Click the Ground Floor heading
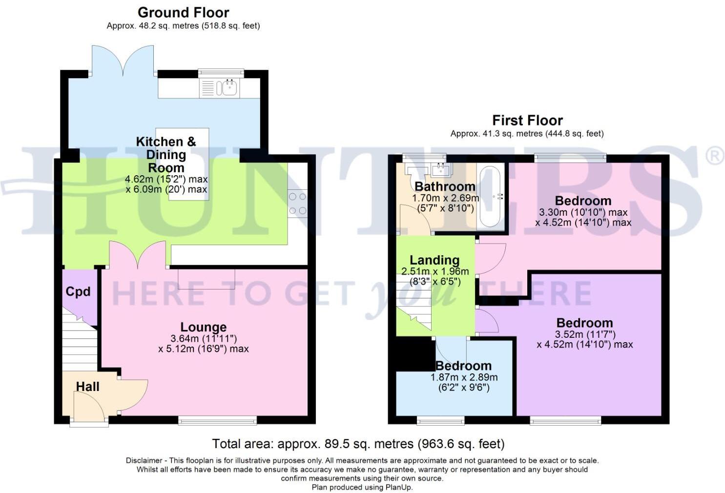click(x=183, y=13)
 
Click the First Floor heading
click(x=527, y=121)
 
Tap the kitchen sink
click(x=226, y=88)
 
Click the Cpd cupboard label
click(x=78, y=291)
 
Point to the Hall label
click(x=87, y=387)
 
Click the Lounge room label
click(x=203, y=327)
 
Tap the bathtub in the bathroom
click(x=490, y=197)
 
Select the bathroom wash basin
click(x=442, y=169)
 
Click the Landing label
click(x=434, y=260)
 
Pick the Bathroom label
click(x=444, y=186)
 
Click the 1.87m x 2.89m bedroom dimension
click(x=464, y=377)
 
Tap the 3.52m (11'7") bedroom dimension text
click(x=584, y=334)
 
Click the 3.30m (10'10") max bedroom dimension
click(x=583, y=212)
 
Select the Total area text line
click(x=358, y=444)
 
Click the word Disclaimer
click(x=144, y=460)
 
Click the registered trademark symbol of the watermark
click(x=715, y=156)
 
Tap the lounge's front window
click(x=217, y=419)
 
